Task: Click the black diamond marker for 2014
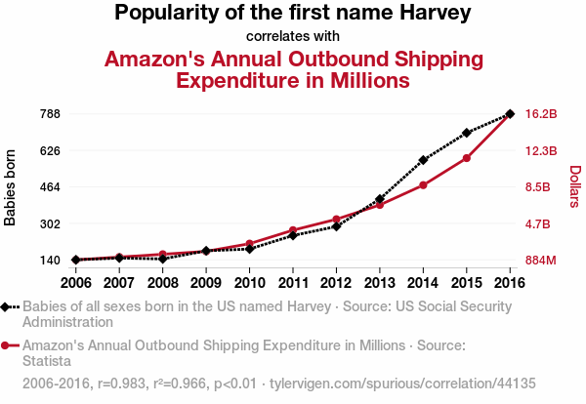tap(423, 160)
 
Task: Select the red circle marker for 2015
tap(467, 158)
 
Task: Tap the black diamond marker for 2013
tap(379, 199)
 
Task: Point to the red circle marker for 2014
tap(423, 185)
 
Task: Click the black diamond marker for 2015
tap(467, 133)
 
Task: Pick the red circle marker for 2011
tap(292, 230)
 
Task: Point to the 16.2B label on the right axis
tap(541, 114)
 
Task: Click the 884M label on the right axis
tap(541, 261)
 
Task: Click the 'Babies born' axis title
tap(11, 187)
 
